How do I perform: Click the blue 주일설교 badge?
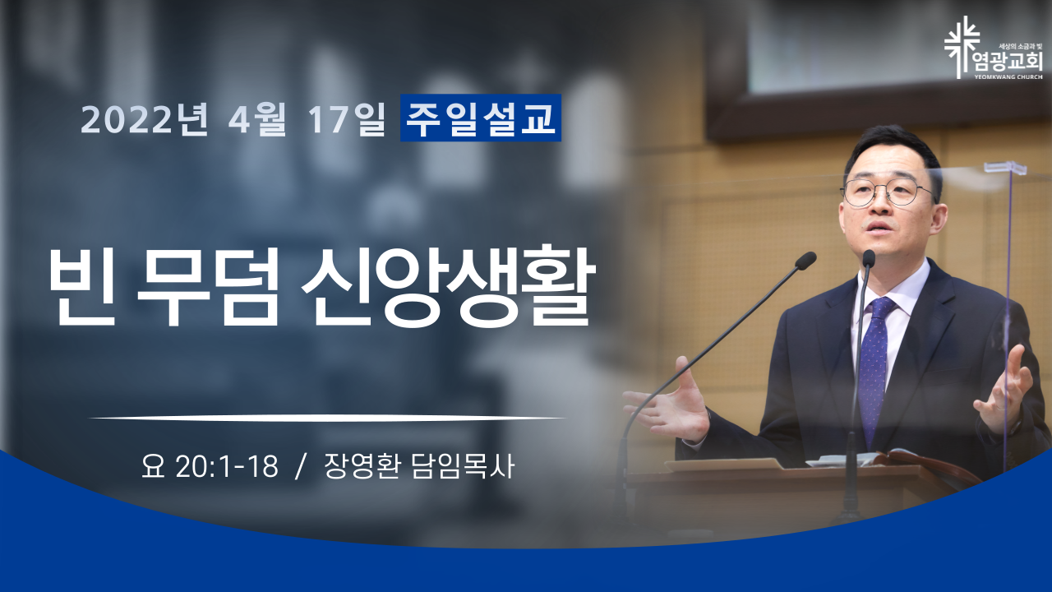click(481, 118)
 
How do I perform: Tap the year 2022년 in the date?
click(145, 119)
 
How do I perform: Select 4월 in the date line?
click(257, 119)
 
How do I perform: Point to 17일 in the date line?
click(347, 119)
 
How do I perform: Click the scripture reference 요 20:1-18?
click(210, 466)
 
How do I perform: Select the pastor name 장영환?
click(362, 466)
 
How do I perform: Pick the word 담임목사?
click(463, 466)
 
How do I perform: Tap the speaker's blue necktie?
click(874, 362)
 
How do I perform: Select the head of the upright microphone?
click(869, 259)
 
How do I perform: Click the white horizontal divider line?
click(327, 417)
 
